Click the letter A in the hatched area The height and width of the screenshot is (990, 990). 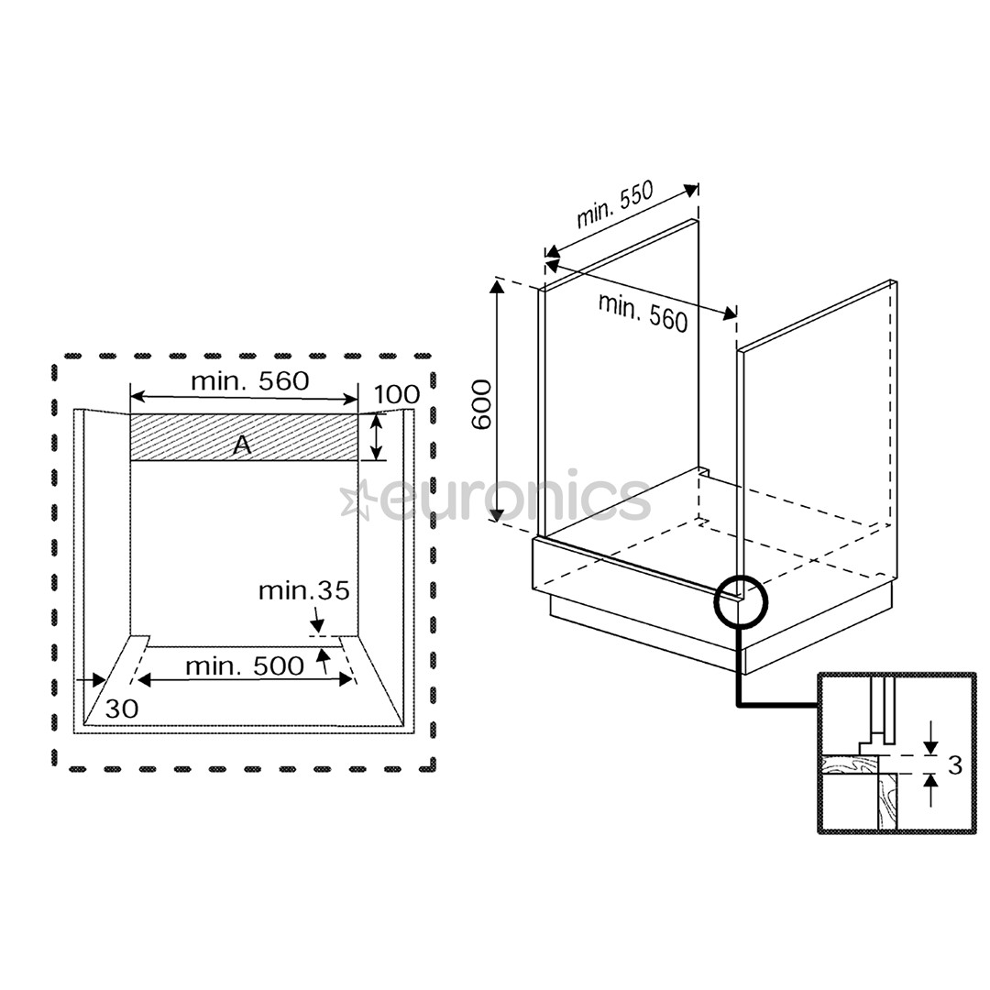coord(241,445)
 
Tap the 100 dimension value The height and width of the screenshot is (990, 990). coord(397,395)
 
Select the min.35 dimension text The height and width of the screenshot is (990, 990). coord(303,590)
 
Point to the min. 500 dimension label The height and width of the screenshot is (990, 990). coord(244,666)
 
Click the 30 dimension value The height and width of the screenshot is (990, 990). coord(121,708)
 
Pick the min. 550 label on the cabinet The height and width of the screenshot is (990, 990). coord(614,205)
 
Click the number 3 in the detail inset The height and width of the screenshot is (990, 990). coord(955,765)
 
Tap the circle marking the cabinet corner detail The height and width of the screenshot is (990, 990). coord(740,599)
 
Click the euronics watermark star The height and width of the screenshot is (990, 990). coord(356,500)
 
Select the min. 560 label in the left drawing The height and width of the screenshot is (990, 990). coord(249,380)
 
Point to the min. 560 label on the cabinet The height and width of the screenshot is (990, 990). coord(643,312)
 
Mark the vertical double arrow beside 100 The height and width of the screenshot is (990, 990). coord(376,436)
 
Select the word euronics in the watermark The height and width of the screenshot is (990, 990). coord(513,498)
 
